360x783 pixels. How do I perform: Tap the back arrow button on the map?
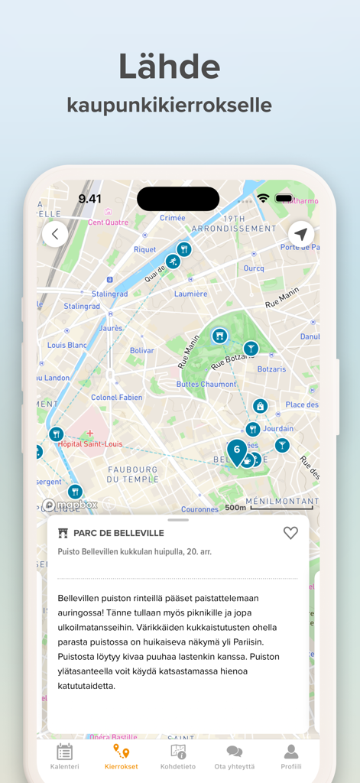click(x=55, y=234)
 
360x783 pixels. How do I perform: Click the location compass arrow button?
click(x=301, y=234)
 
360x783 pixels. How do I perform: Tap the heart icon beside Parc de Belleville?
click(x=290, y=533)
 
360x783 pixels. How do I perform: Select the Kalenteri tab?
click(x=65, y=756)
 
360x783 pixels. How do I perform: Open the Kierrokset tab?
click(x=122, y=756)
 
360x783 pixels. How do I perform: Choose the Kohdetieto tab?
click(x=178, y=756)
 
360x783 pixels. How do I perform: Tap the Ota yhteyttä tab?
click(x=235, y=756)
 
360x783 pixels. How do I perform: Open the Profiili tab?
click(x=291, y=756)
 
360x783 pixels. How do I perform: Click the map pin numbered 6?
click(x=237, y=450)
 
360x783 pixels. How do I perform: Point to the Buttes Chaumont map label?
click(x=206, y=384)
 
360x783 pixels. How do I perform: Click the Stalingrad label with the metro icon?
click(x=109, y=294)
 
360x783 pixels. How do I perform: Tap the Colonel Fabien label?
click(x=117, y=398)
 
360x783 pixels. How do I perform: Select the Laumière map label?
click(x=190, y=294)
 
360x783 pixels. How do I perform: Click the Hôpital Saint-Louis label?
click(x=91, y=443)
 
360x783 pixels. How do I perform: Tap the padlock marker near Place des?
click(x=260, y=406)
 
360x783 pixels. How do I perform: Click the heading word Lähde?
click(x=170, y=67)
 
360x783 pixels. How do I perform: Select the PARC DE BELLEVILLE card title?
click(x=118, y=533)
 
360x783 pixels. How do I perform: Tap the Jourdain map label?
click(x=278, y=429)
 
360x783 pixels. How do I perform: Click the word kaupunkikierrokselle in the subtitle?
click(x=170, y=105)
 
